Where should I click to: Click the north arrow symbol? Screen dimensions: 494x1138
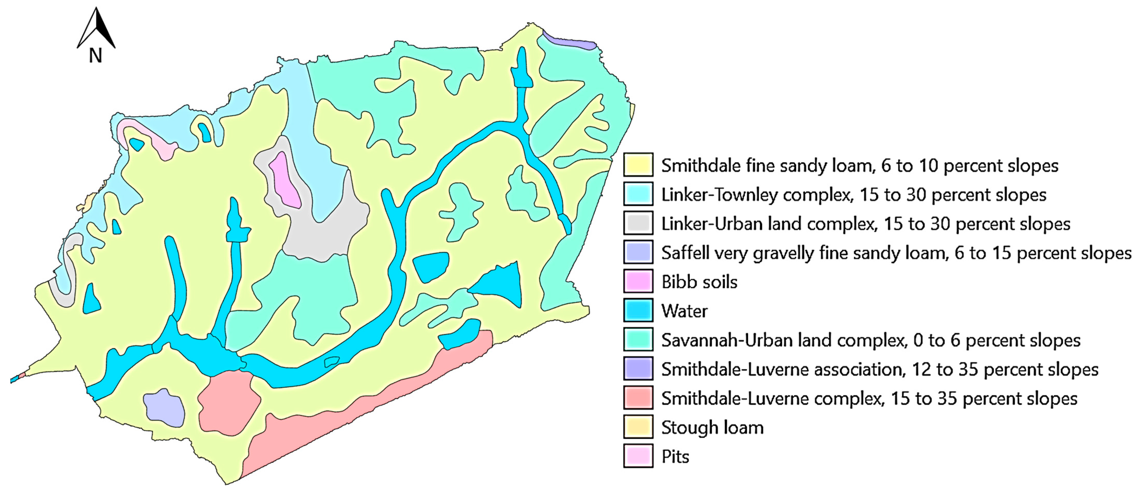pyautogui.click(x=96, y=28)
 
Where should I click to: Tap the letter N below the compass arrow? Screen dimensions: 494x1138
pyautogui.click(x=95, y=56)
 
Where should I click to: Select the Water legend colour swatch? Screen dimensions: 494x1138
pyautogui.click(x=638, y=311)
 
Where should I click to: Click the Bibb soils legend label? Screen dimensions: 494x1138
pyautogui.click(x=699, y=282)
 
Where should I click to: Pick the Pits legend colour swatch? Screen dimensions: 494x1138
pyautogui.click(x=638, y=456)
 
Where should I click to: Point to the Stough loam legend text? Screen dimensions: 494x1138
pyautogui.click(x=712, y=427)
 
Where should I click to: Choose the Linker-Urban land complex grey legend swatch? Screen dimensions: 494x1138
pyautogui.click(x=638, y=224)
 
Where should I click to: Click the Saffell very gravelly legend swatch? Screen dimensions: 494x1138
pyautogui.click(x=638, y=253)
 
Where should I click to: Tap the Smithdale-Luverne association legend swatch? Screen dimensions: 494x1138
pyautogui.click(x=638, y=369)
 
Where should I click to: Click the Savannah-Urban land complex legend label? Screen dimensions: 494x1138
pyautogui.click(x=870, y=340)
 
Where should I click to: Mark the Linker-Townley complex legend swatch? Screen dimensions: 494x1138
pyautogui.click(x=638, y=194)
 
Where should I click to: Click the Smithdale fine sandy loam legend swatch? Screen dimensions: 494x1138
pyautogui.click(x=638, y=165)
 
